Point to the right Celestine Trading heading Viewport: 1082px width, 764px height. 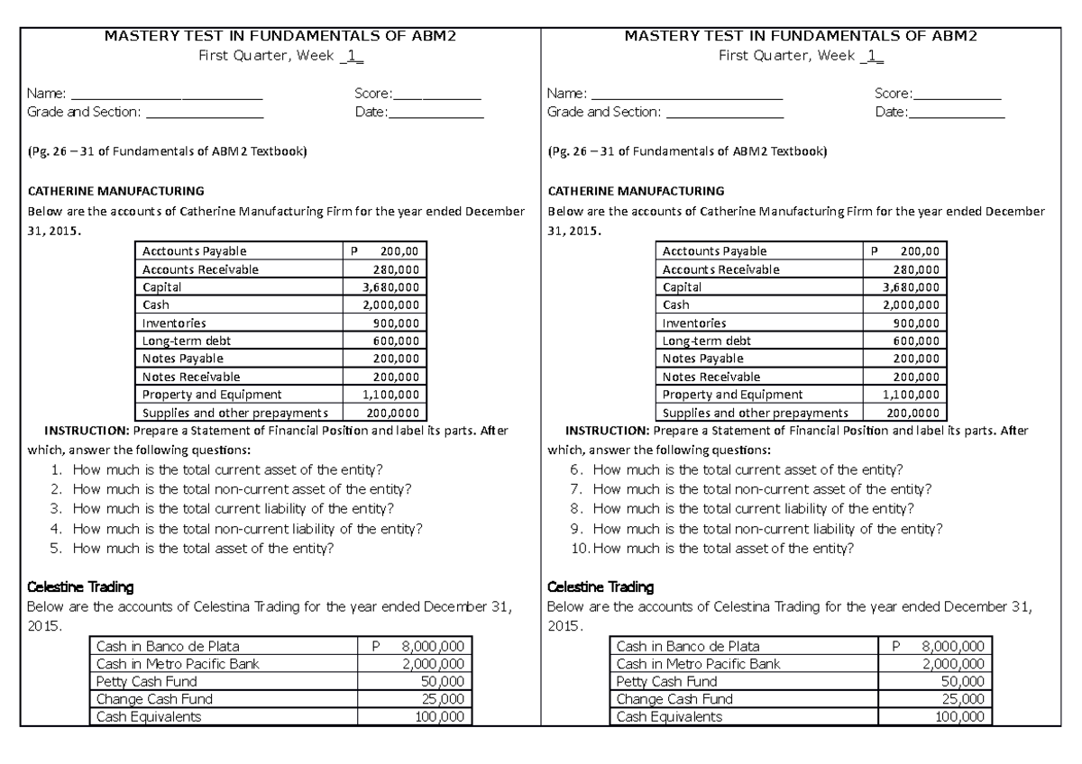[x=601, y=587]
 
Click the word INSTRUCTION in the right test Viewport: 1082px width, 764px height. [x=604, y=431]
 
